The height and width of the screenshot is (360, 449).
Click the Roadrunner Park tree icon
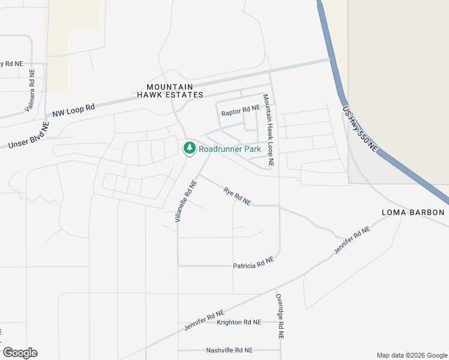point(189,148)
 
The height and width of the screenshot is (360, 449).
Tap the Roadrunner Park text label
point(230,148)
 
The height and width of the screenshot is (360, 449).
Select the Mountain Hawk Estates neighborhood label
point(170,91)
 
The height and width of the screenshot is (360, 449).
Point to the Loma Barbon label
point(414,213)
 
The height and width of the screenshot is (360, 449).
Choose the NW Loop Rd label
point(74,111)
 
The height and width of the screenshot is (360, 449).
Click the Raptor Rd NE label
point(240,112)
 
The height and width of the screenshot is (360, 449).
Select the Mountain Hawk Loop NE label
point(268,130)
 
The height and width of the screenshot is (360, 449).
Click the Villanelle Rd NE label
point(186,201)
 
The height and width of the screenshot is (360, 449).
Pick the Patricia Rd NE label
point(253,262)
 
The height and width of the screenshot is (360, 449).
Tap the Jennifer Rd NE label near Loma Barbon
point(354,239)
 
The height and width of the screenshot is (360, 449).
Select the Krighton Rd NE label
point(239,322)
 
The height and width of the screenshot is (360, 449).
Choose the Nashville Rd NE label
point(229,350)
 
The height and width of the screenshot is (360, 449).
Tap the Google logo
point(19,353)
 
